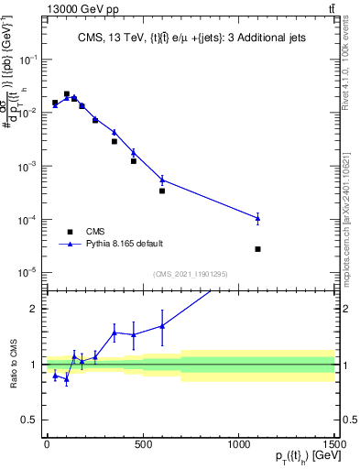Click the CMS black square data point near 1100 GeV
(x=258, y=249)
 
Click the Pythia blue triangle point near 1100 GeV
(x=258, y=218)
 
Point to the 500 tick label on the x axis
(x=142, y=444)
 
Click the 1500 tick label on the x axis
(x=333, y=444)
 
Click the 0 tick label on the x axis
(x=47, y=444)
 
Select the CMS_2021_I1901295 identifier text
(x=190, y=274)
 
